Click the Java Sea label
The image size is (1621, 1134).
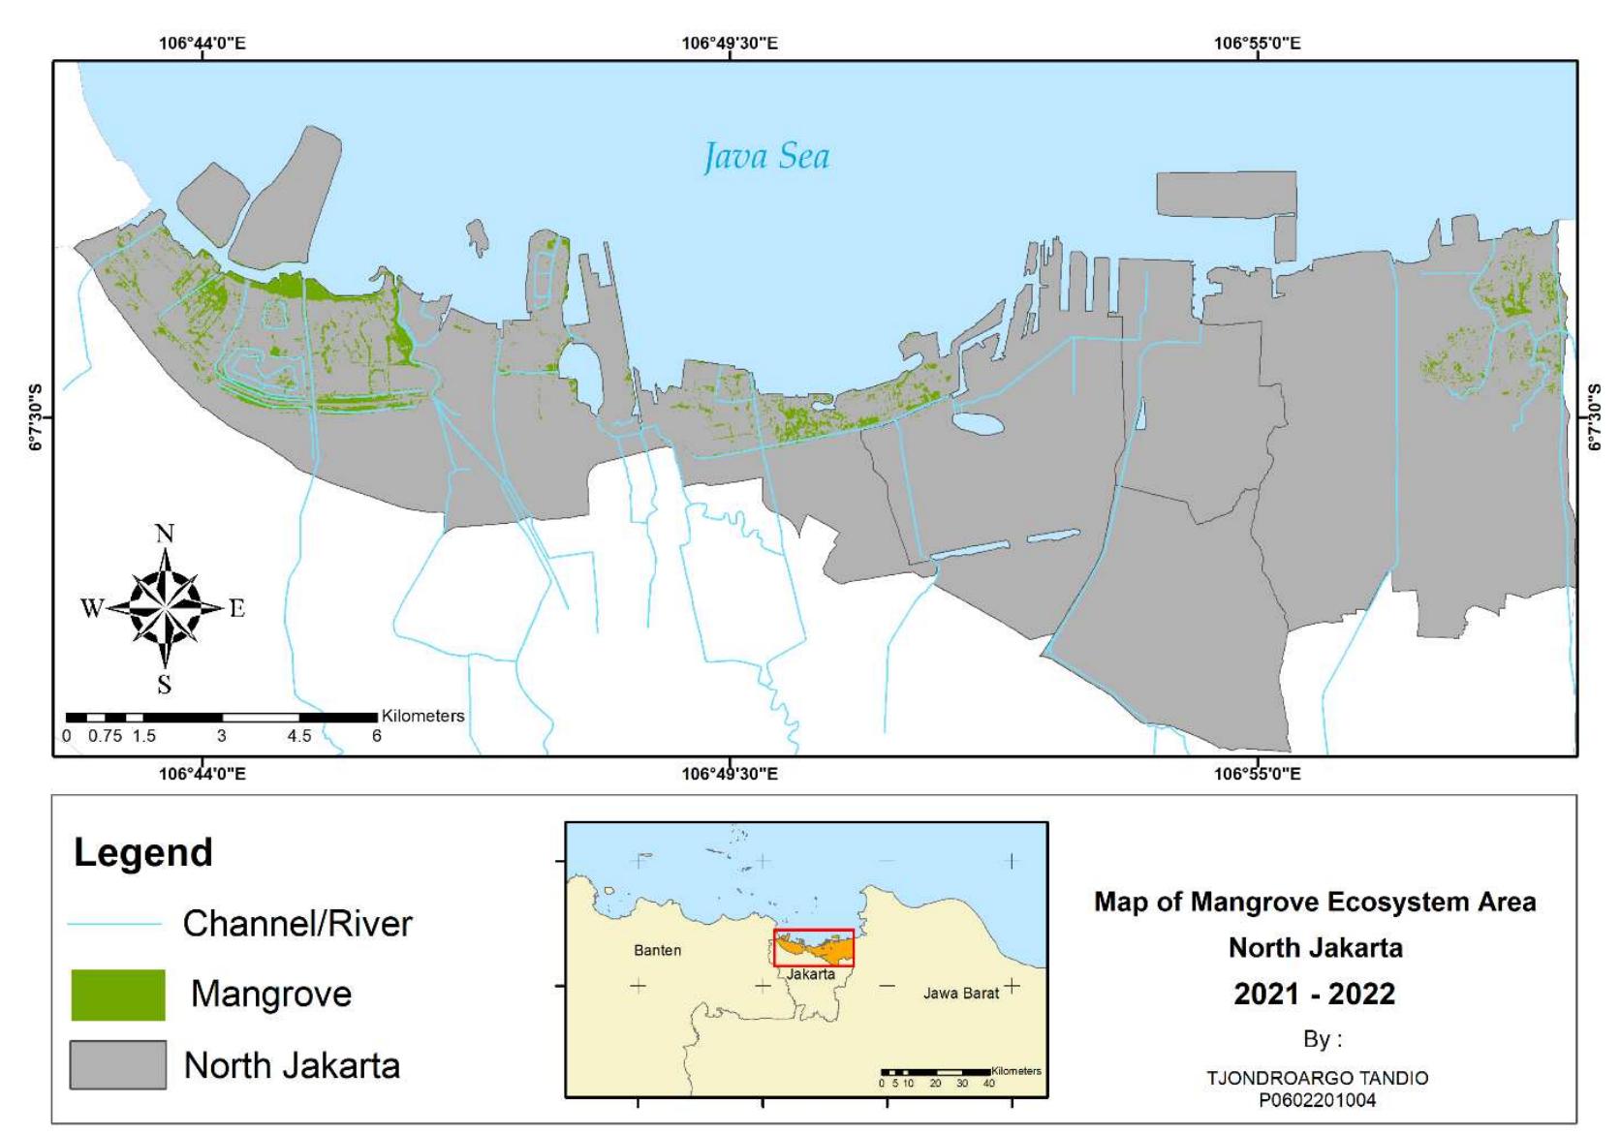click(x=765, y=157)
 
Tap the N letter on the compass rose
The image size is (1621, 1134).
click(x=165, y=534)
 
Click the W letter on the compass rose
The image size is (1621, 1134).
click(x=92, y=608)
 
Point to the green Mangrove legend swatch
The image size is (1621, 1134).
click(x=118, y=995)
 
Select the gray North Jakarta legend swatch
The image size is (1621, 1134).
click(x=118, y=1065)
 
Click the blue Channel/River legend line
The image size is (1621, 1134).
click(x=114, y=924)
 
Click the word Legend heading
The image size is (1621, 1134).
click(x=143, y=853)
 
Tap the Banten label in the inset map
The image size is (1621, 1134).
click(x=657, y=950)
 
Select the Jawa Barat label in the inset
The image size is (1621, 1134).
click(x=960, y=993)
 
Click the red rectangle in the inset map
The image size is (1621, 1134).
click(x=814, y=947)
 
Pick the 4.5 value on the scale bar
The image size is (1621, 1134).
click(x=299, y=736)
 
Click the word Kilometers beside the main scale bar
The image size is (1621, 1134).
click(x=422, y=716)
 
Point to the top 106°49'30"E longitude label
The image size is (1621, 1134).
click(x=730, y=44)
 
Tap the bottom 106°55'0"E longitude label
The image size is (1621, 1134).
click(x=1257, y=774)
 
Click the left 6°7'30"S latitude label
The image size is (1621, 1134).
click(x=36, y=417)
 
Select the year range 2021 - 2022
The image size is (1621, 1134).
click(x=1315, y=994)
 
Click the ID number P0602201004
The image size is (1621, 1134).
click(x=1317, y=1100)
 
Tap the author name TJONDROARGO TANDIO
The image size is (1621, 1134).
click(x=1317, y=1078)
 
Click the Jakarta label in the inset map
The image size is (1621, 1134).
click(x=811, y=974)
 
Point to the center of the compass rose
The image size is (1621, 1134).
click(x=166, y=607)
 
